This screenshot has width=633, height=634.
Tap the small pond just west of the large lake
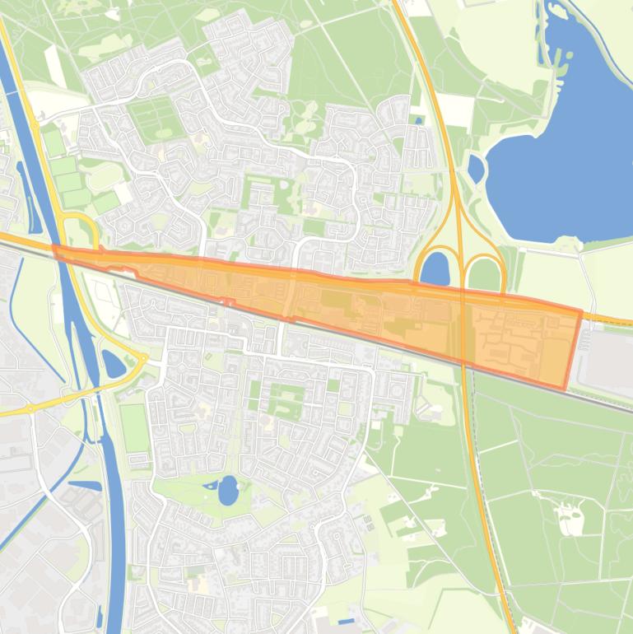pos(476,168)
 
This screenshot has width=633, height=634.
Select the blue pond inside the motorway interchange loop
pos(435,268)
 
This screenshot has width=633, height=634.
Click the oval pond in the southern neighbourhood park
pos(227,490)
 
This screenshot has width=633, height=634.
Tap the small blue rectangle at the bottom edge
pos(347,620)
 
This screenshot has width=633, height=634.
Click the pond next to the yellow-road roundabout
pos(112,363)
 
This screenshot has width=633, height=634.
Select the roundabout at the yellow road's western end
pos(30,408)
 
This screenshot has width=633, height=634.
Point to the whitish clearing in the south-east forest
pos(568,519)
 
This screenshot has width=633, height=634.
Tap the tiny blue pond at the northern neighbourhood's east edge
pos(419,121)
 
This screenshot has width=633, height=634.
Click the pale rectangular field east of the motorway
pos(454,110)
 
